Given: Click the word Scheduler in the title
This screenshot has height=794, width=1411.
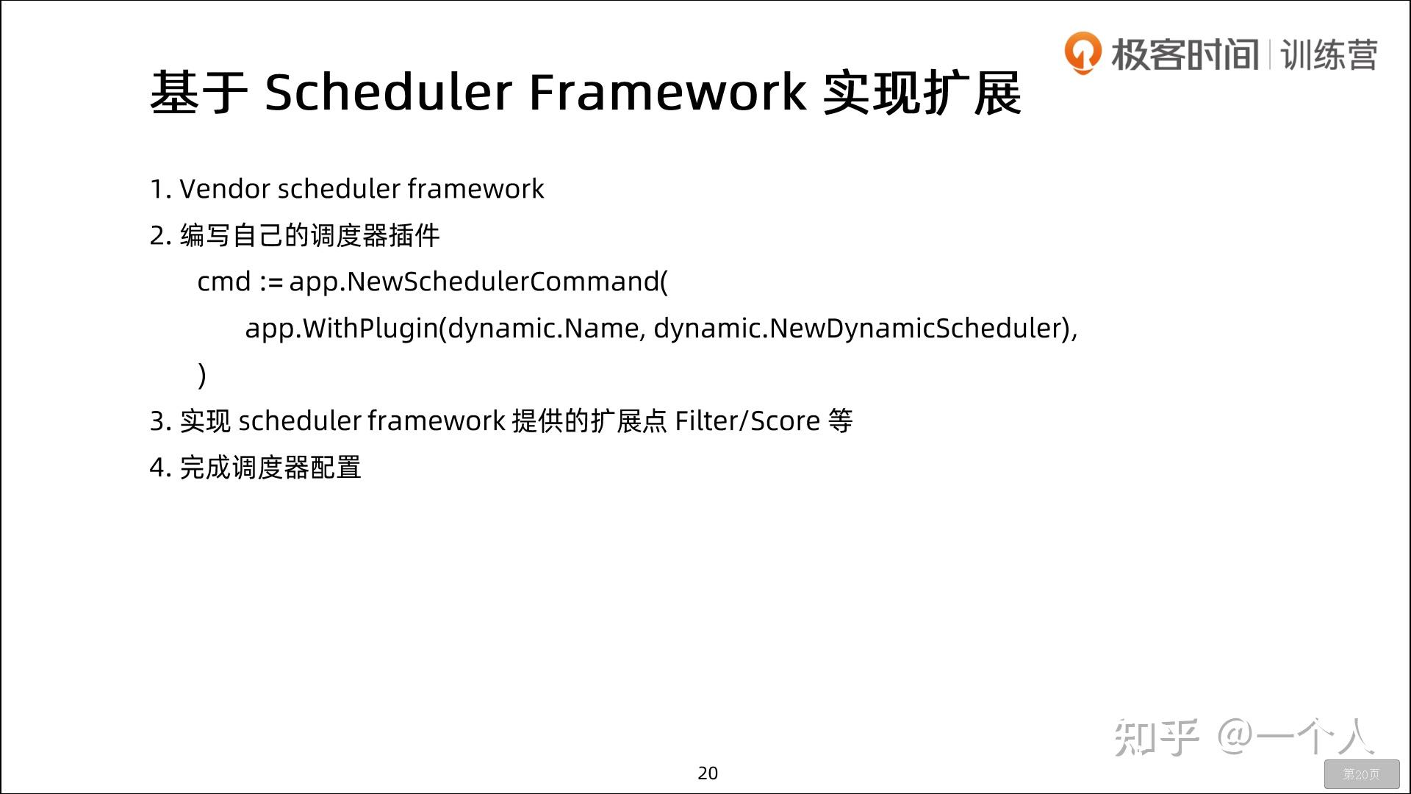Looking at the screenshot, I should click(x=388, y=93).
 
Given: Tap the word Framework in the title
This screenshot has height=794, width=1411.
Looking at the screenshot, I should click(x=667, y=93).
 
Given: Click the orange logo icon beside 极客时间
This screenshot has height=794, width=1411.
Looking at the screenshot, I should click(x=1083, y=53).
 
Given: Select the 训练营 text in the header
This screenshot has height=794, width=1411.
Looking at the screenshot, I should click(x=1329, y=55).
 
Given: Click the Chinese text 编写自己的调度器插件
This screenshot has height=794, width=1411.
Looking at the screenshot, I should click(x=309, y=236).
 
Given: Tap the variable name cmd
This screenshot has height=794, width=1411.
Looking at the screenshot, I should click(x=224, y=282).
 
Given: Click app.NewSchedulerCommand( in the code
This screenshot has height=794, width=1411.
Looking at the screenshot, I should click(x=478, y=282).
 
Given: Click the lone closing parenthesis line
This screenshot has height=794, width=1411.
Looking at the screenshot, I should click(x=202, y=375).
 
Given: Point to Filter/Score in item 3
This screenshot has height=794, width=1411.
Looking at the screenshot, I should click(x=747, y=421).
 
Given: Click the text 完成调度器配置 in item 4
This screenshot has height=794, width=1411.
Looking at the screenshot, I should click(x=270, y=468).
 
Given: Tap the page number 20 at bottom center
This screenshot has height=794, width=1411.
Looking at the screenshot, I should click(x=708, y=773).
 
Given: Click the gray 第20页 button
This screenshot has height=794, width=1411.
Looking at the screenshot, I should click(x=1361, y=774).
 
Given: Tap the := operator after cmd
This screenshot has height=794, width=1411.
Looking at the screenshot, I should click(x=271, y=282).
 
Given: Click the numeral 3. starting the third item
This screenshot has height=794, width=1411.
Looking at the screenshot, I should click(x=160, y=421).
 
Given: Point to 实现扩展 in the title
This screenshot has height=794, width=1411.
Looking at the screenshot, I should click(x=922, y=93).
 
